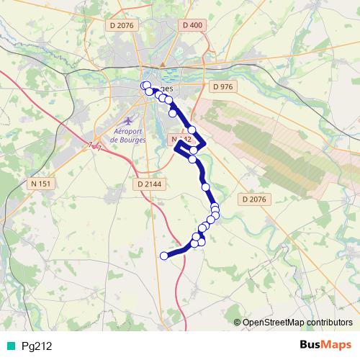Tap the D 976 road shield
(224, 86)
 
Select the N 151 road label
(40, 184)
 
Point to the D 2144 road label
(149, 184)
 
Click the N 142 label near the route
(181, 138)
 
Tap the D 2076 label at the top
(120, 25)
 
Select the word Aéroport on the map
(130, 130)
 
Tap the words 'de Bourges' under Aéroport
(130, 139)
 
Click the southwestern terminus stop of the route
(164, 255)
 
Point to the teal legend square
(9, 346)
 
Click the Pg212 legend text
(37, 346)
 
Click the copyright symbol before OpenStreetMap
(238, 322)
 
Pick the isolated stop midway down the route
(206, 187)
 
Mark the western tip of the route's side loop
(176, 146)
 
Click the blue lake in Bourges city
(171, 74)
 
